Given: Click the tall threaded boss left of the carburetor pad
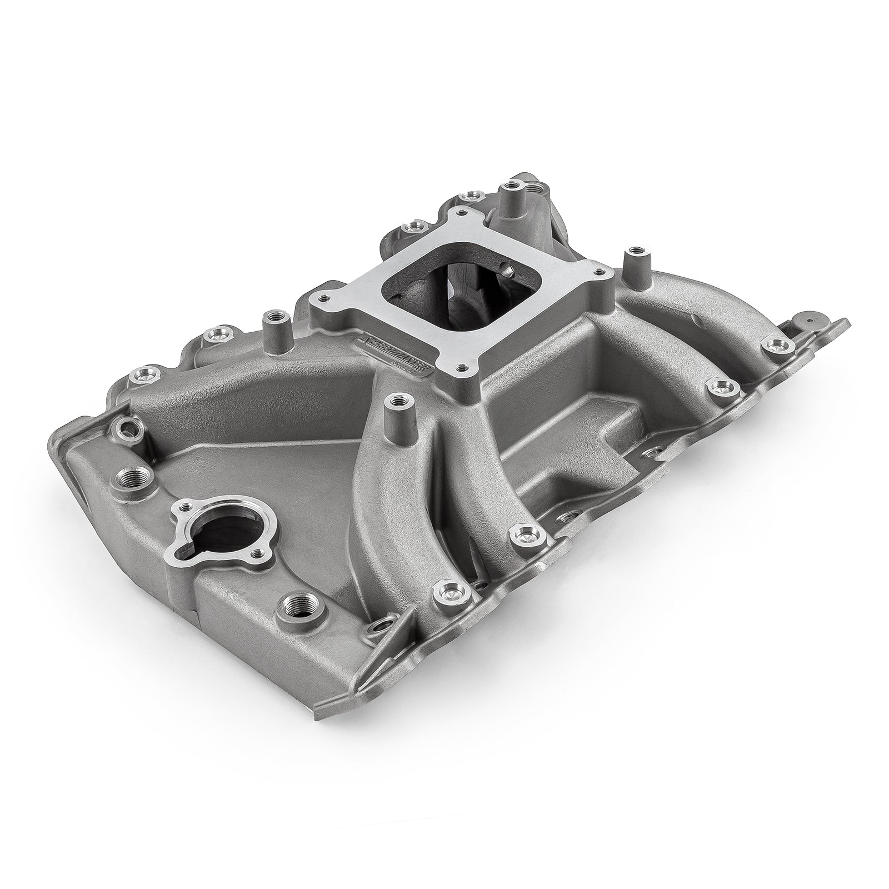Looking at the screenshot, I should pos(272,317).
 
